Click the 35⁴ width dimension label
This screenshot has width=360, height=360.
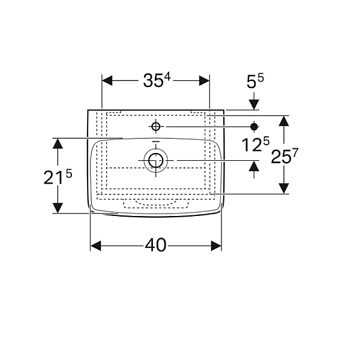pyautogui.click(x=157, y=80)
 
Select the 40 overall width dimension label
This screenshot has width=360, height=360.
pyautogui.click(x=155, y=245)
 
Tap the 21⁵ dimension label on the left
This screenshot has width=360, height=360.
pyautogui.click(x=58, y=177)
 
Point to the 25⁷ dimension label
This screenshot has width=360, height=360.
pyautogui.click(x=284, y=157)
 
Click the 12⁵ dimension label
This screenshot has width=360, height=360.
pyautogui.click(x=256, y=145)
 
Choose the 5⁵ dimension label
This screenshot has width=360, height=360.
pyautogui.click(x=255, y=81)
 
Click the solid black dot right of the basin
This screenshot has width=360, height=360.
pyautogui.click(x=254, y=127)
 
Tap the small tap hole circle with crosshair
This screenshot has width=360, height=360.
pyautogui.click(x=156, y=126)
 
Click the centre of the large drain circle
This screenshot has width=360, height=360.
pyautogui.click(x=156, y=160)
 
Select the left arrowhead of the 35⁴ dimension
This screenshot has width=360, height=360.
pyautogui.click(x=107, y=80)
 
